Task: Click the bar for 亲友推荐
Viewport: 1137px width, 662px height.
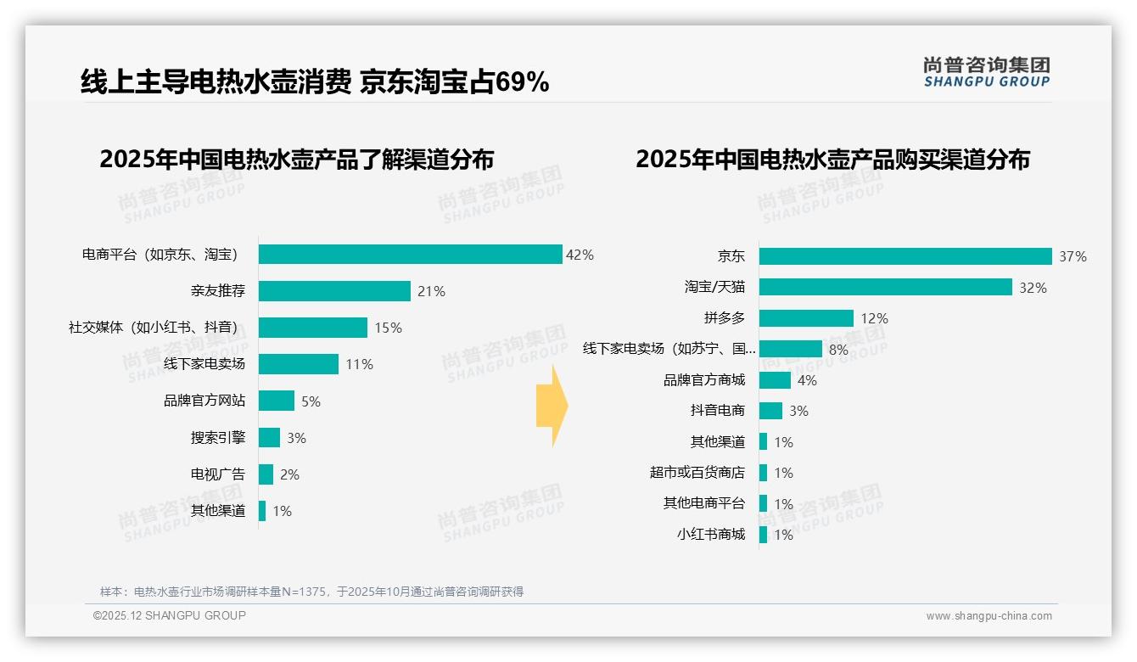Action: click(334, 291)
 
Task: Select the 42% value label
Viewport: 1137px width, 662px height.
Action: click(580, 255)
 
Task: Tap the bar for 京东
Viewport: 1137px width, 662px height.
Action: click(905, 256)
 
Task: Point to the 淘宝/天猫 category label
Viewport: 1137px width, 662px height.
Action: click(714, 287)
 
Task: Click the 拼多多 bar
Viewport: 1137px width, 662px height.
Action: click(806, 318)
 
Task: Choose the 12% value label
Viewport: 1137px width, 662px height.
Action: click(874, 318)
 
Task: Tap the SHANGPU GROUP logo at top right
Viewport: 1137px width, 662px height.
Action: click(986, 72)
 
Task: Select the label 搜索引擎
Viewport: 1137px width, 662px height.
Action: click(218, 438)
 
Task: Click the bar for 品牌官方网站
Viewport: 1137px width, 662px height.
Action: click(277, 401)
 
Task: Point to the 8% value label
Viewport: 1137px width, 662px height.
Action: click(838, 349)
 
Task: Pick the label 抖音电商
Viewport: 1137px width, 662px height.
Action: click(718, 411)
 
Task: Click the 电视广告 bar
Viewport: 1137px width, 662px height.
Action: click(266, 474)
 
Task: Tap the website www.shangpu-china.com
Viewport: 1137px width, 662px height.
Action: click(989, 616)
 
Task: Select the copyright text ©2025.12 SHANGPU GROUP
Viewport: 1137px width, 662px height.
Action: click(170, 615)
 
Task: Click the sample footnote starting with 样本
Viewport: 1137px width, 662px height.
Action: click(311, 592)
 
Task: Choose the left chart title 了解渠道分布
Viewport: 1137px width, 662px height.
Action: click(296, 160)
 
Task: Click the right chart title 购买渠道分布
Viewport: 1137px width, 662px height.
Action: click(832, 160)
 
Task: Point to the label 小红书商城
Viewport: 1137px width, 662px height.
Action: click(711, 535)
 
